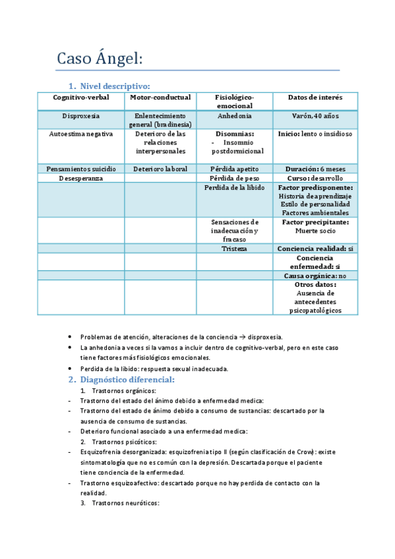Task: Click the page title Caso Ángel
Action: click(100, 59)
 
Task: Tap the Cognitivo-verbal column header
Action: click(81, 98)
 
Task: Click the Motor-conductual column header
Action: click(160, 98)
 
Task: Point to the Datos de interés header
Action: click(315, 98)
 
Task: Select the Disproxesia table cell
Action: click(81, 116)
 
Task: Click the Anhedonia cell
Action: click(234, 116)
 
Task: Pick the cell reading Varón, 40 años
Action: click(315, 116)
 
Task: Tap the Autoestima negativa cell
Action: click(81, 134)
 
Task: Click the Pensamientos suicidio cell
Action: click(81, 169)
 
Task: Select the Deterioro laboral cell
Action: click(160, 169)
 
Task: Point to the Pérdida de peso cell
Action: click(234, 178)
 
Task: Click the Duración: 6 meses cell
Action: click(315, 169)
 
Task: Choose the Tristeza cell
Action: click(234, 249)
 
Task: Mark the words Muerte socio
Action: click(315, 231)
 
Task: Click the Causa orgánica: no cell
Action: click(315, 276)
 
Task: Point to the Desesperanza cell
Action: click(81, 178)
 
